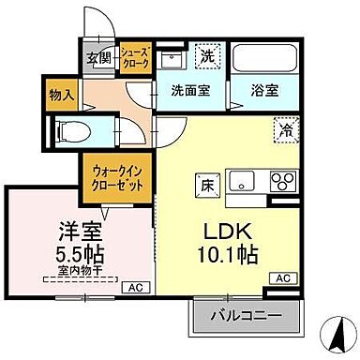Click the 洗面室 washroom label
coord(189,91)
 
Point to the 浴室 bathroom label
coord(263,91)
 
